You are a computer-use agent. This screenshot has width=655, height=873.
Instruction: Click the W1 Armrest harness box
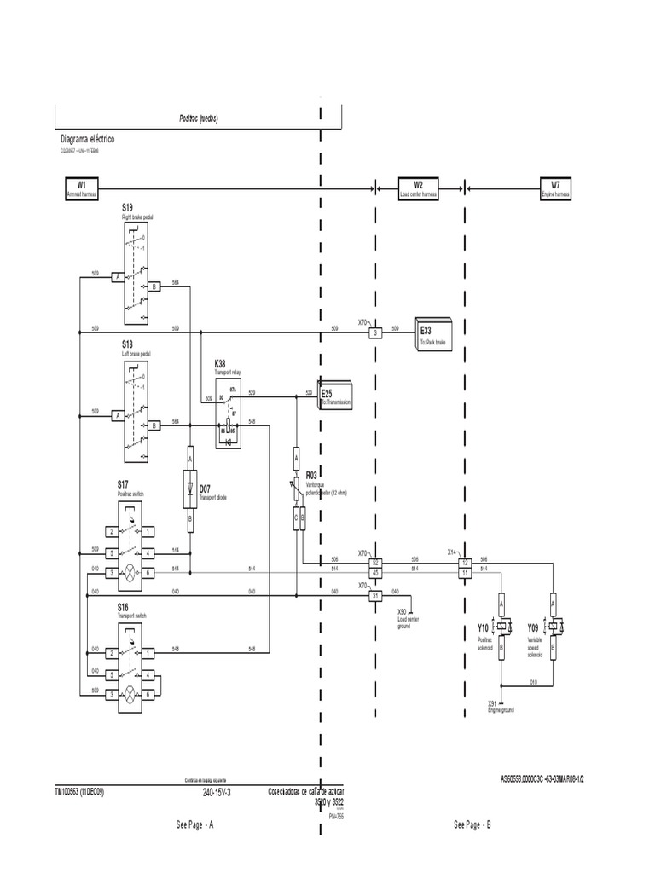(83, 188)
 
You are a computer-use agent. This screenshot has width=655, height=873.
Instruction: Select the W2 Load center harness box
(419, 188)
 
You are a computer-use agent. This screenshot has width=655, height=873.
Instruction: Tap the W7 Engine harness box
(555, 188)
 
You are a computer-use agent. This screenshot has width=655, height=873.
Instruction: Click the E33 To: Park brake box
(436, 333)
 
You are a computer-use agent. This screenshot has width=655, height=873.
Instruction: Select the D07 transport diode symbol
(190, 489)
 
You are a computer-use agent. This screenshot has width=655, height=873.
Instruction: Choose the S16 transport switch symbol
(129, 660)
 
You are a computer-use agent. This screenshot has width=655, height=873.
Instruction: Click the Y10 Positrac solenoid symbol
(502, 627)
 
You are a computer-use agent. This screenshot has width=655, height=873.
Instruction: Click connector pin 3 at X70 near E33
(374, 333)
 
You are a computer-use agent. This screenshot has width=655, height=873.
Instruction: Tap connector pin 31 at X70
(374, 596)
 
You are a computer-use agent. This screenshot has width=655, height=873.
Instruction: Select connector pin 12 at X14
(465, 562)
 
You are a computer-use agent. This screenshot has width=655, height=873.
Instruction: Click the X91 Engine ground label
(501, 707)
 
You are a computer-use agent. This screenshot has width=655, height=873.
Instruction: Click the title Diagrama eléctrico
(87, 138)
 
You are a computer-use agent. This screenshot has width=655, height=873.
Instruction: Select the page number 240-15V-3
(217, 791)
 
